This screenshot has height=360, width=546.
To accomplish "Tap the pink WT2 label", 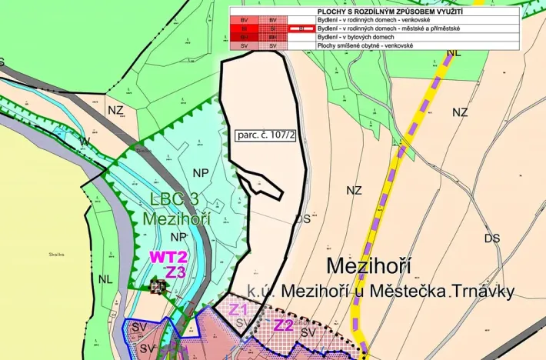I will coord(169,257).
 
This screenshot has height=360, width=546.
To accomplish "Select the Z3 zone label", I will coord(175,272).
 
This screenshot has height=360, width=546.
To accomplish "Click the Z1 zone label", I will coord(238,309).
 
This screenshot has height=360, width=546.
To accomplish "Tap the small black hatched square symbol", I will coord(158,287).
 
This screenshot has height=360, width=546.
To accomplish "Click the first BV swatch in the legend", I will coord(245,19).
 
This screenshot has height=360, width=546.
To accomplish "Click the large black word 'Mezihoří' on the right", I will coord(368,266).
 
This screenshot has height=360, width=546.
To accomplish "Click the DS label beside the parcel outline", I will coord(303,219).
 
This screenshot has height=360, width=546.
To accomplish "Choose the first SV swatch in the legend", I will coord(245,46).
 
